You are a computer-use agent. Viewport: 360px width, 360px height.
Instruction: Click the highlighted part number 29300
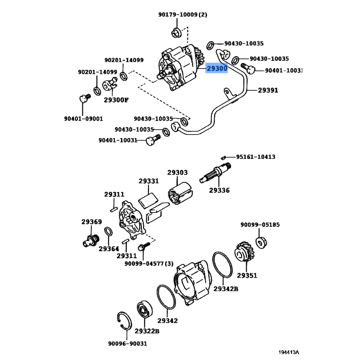click(x=217, y=68)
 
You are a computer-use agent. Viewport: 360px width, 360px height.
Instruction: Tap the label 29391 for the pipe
click(x=268, y=90)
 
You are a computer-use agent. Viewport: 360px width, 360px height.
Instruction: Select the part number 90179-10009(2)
click(x=182, y=14)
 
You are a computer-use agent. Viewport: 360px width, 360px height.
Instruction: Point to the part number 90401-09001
click(x=83, y=119)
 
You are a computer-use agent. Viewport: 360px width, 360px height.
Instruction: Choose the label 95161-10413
click(x=256, y=157)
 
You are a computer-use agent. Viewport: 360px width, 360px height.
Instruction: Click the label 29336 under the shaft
click(x=219, y=190)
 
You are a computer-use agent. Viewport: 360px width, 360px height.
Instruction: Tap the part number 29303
click(x=177, y=172)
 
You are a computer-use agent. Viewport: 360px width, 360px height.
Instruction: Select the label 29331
click(x=148, y=181)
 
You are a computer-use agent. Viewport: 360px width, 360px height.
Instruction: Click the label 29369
click(x=91, y=222)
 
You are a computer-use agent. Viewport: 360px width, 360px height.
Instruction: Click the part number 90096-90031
click(x=127, y=343)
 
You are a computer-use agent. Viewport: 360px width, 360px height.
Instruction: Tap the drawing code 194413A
click(x=288, y=352)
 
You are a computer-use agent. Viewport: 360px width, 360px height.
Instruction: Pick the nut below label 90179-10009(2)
click(x=176, y=32)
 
